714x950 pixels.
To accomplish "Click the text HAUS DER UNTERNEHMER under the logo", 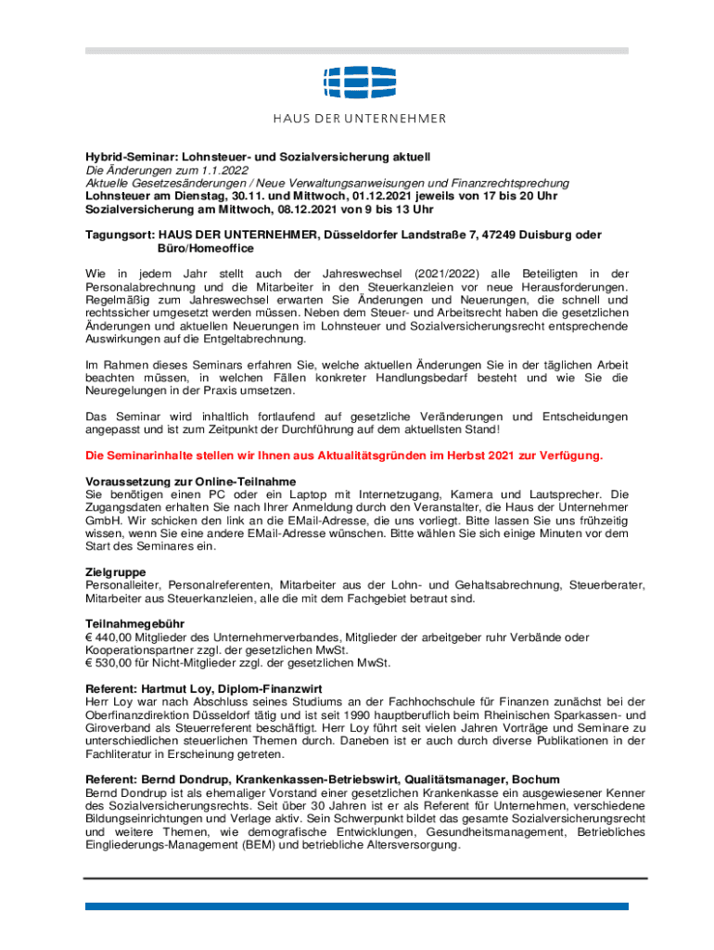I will [358, 119].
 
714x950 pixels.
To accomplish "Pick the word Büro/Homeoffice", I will [199, 250].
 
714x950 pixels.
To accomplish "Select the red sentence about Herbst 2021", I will [344, 456].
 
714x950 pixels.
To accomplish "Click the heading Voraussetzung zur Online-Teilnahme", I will [191, 481].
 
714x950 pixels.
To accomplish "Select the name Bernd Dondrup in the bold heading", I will [186, 779].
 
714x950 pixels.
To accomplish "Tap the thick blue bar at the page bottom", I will [357, 905].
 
